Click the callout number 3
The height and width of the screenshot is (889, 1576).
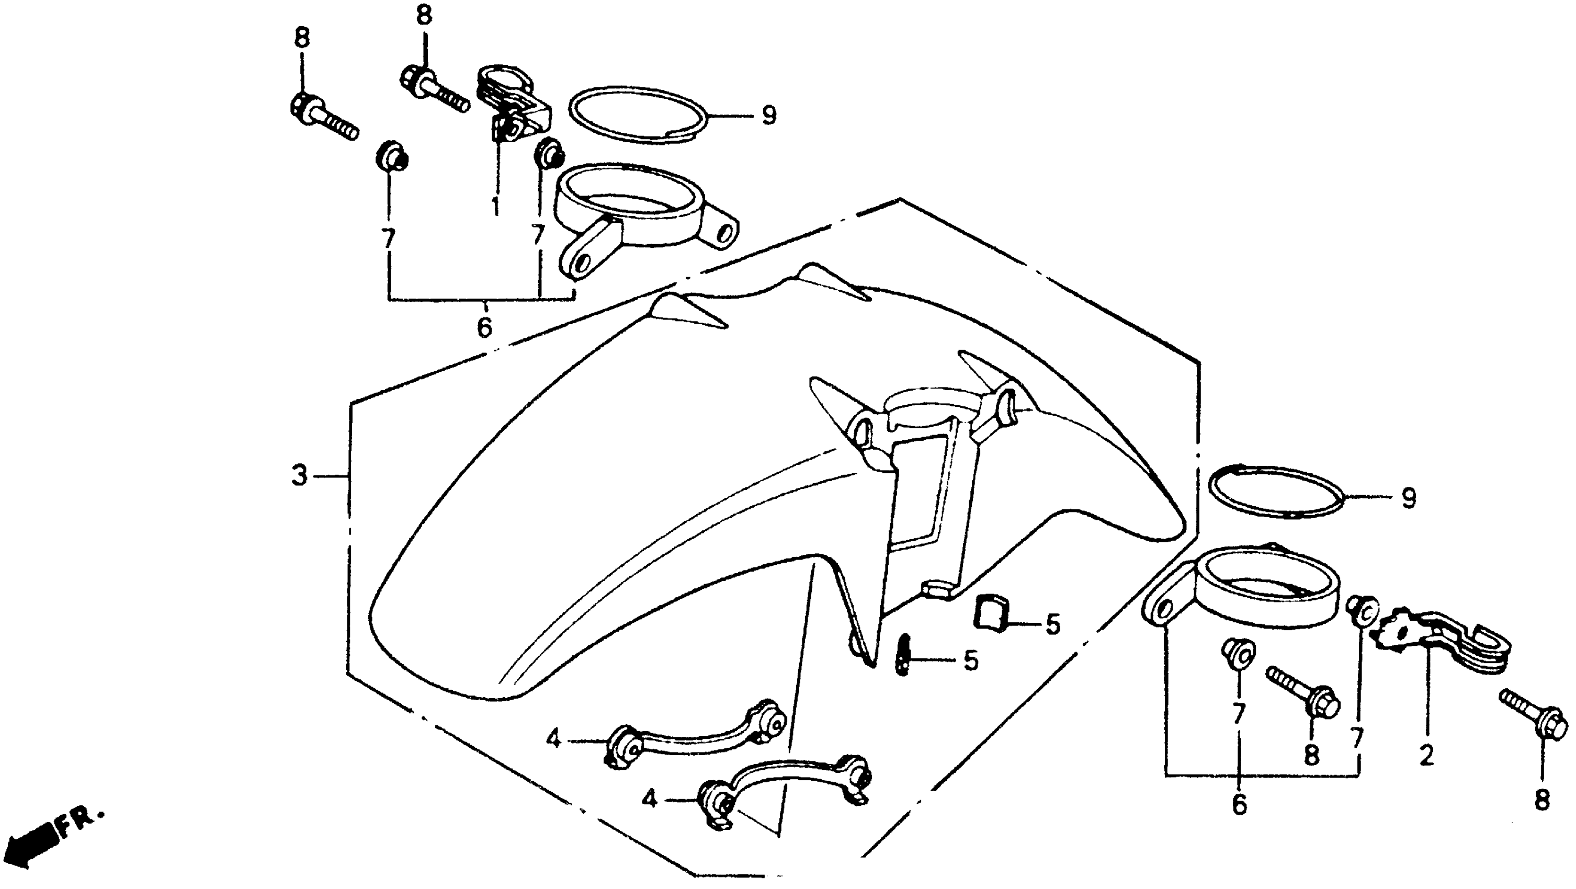pos(299,475)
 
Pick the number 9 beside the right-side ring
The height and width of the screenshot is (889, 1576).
pos(1409,498)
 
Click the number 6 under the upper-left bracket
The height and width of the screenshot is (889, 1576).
pos(484,327)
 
